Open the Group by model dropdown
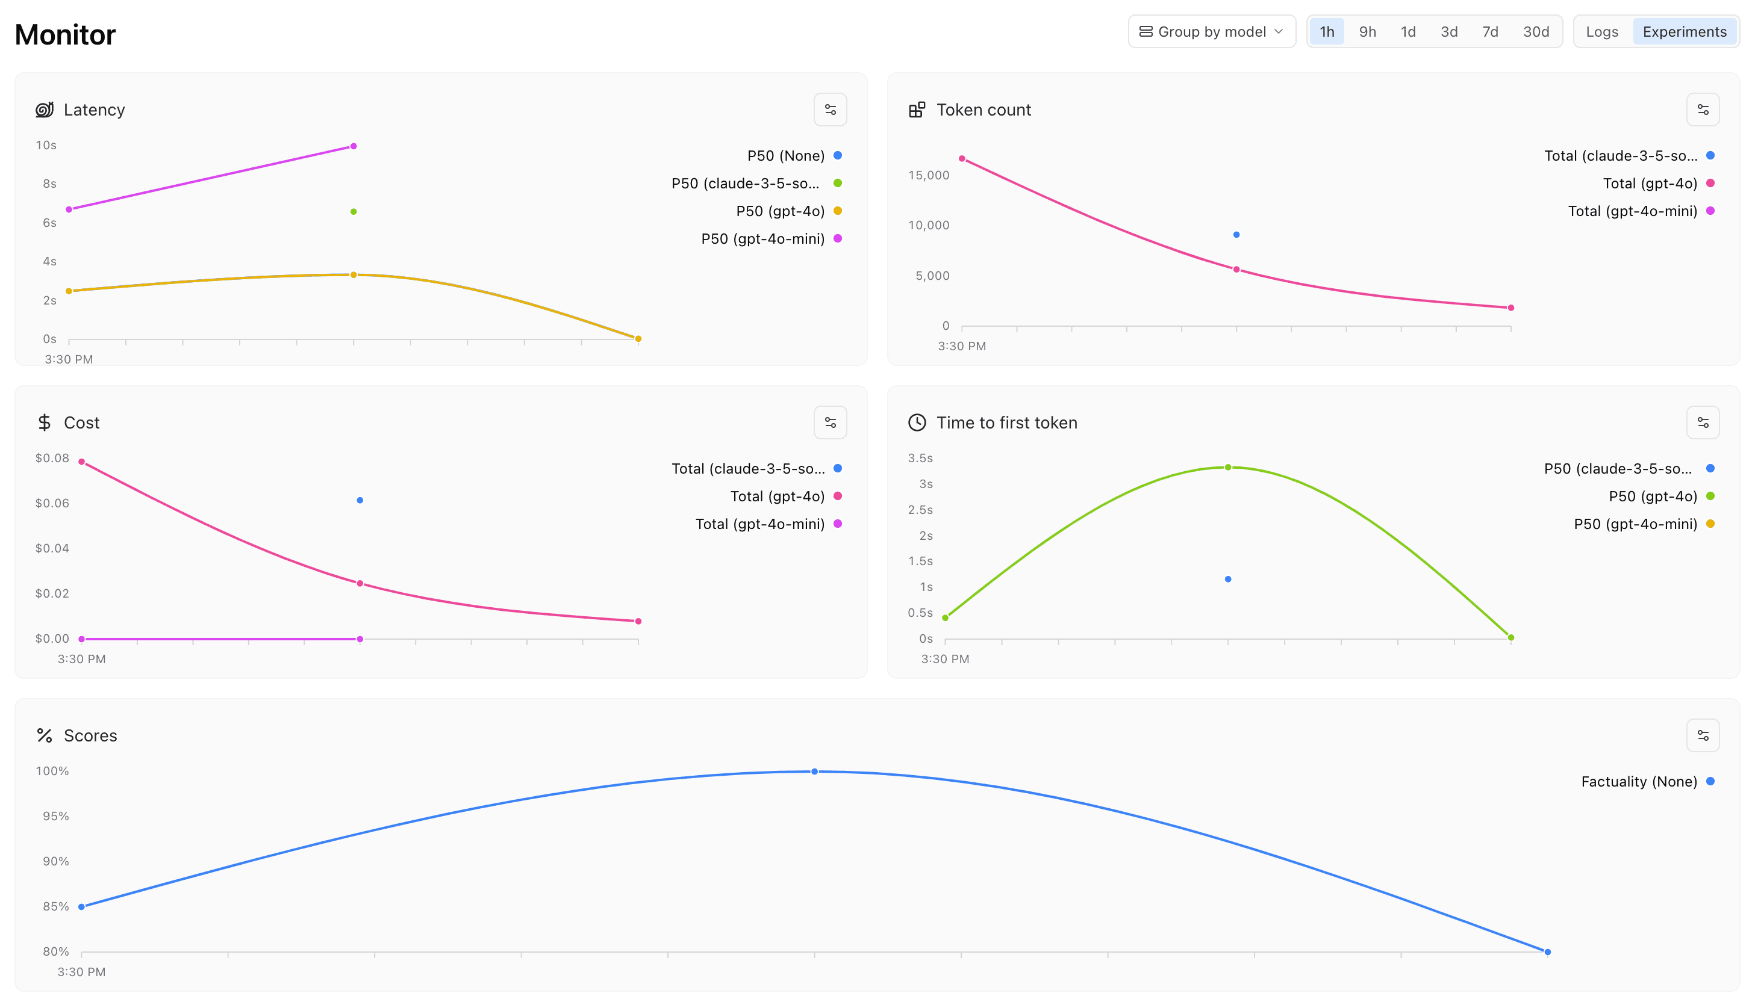pos(1211,32)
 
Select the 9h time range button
pos(1367,32)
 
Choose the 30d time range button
pos(1535,32)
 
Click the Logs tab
pos(1601,32)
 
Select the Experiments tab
pos(1684,32)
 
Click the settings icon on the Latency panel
pos(830,110)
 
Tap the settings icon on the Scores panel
pos(1703,736)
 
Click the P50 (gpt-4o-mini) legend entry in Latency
pos(762,239)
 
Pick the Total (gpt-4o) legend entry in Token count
pos(1650,184)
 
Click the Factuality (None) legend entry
pos(1638,781)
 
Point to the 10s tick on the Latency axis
pos(46,146)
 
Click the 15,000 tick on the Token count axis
pos(928,175)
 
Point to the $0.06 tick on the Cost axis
pos(52,503)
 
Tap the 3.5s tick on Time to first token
pos(920,459)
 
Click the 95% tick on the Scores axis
pos(56,817)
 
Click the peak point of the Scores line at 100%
pos(814,772)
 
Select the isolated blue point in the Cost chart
pos(360,501)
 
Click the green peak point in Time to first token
pos(1227,468)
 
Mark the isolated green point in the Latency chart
pos(354,212)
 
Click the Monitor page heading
pos(66,34)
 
